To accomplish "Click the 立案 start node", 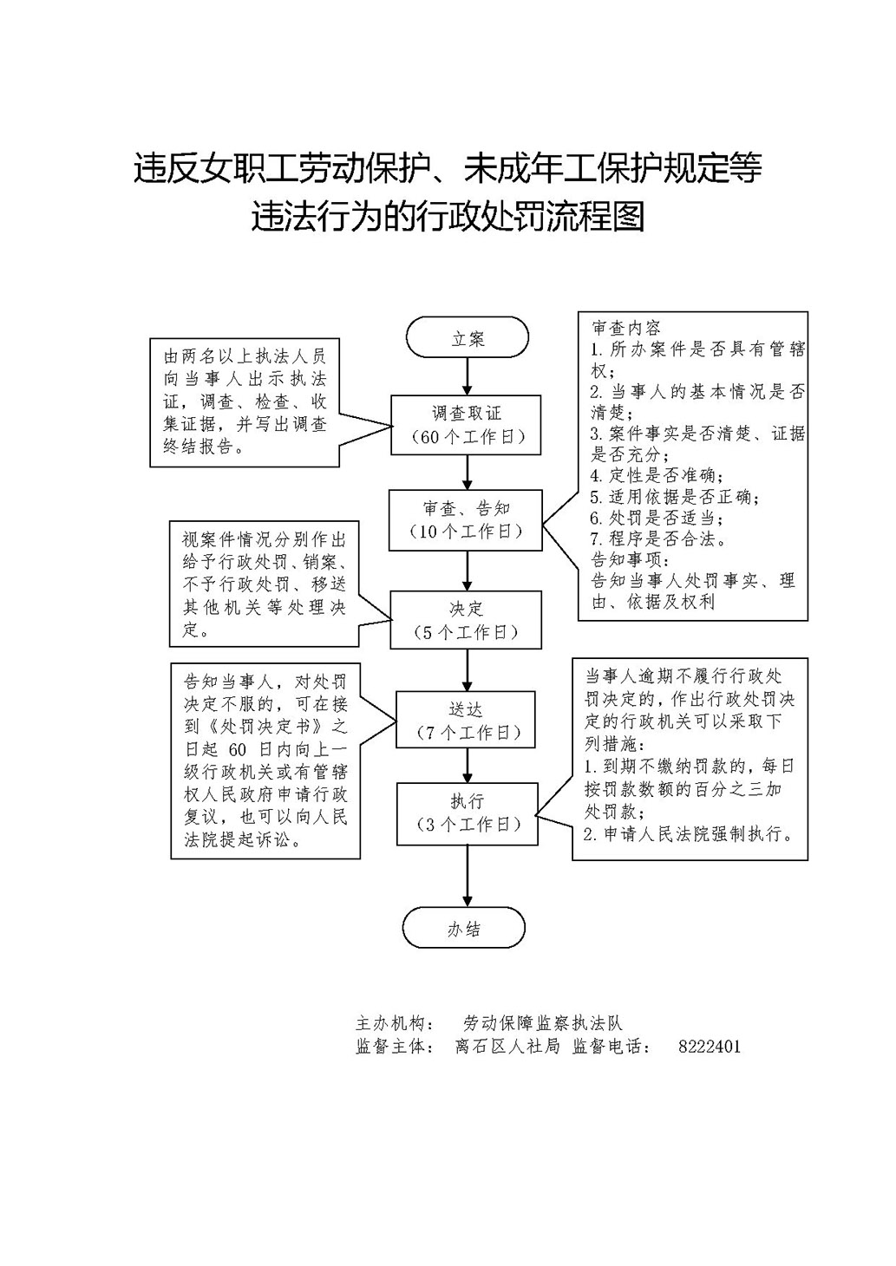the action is click(x=467, y=337).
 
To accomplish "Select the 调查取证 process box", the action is click(x=466, y=424).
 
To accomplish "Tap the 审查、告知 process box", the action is click(x=465, y=520).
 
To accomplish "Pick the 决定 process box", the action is click(x=466, y=619).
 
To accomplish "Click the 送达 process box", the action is click(x=465, y=720).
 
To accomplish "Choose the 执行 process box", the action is click(x=467, y=813).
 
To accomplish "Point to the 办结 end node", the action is click(x=463, y=928).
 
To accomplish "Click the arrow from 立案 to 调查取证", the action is click(x=467, y=376).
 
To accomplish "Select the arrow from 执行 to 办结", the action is click(x=467, y=876).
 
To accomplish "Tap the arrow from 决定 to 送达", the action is click(x=467, y=669).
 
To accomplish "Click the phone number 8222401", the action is click(x=709, y=1046).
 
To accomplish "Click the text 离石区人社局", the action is click(x=507, y=1046).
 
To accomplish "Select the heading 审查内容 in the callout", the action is click(x=625, y=328).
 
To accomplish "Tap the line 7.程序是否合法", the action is click(x=658, y=538).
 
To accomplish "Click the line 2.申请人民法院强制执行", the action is click(x=689, y=833).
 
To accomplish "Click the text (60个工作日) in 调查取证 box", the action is click(x=467, y=437).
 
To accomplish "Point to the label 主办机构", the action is click(x=396, y=1022).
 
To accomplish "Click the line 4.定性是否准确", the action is click(x=657, y=475).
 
